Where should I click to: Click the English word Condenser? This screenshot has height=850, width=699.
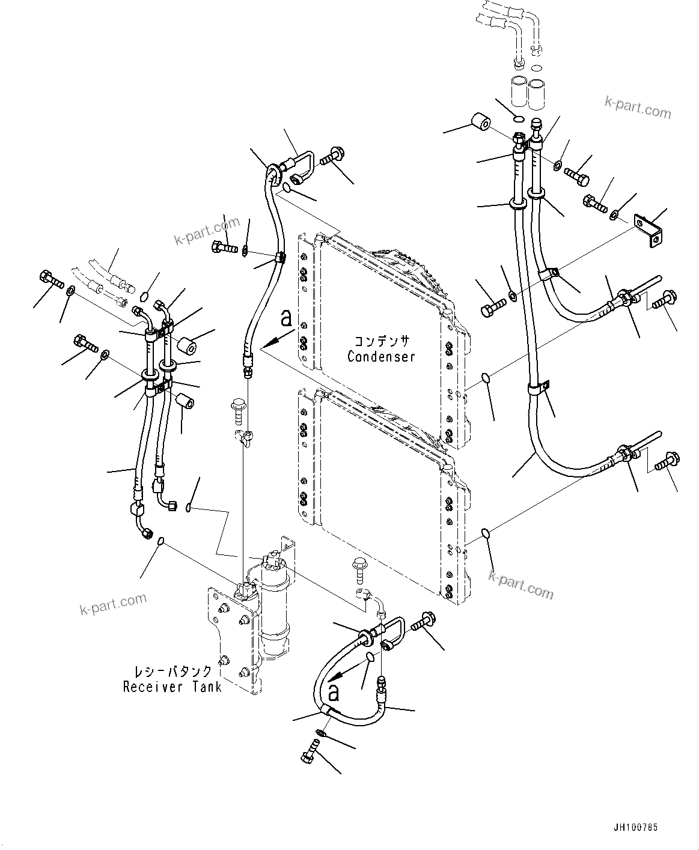coord(381,356)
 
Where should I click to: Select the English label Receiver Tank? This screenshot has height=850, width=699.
coord(172,687)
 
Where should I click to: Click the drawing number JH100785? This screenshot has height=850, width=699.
coord(636,827)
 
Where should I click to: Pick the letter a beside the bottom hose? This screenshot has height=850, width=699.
coord(334,693)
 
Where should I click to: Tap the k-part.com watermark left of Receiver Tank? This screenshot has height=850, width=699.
coord(113,603)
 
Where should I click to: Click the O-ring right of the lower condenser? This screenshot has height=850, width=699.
coord(486,533)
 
